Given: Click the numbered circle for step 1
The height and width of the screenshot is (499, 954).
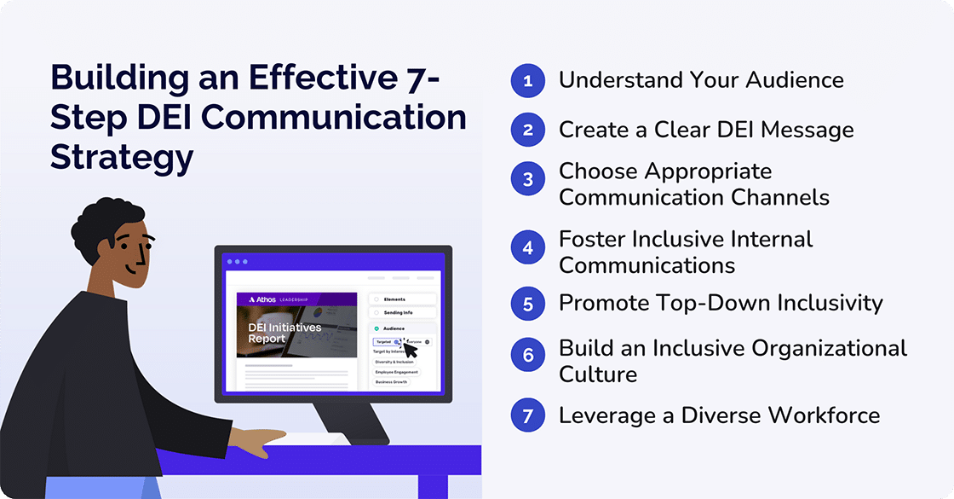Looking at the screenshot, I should (527, 81).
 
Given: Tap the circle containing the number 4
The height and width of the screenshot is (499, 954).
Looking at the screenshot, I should (527, 248).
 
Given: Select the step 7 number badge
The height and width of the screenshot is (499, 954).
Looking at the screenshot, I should (527, 415).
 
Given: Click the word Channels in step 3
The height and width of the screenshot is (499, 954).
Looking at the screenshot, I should (779, 197).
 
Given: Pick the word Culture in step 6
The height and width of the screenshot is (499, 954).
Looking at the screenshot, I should (598, 374).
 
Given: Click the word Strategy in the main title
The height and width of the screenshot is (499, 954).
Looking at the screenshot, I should (121, 157).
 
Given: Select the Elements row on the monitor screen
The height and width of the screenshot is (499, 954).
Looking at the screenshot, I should (403, 299).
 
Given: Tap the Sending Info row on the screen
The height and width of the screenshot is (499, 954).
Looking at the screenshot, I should (403, 313).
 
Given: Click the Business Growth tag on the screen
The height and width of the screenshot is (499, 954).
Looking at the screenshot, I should (392, 382).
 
